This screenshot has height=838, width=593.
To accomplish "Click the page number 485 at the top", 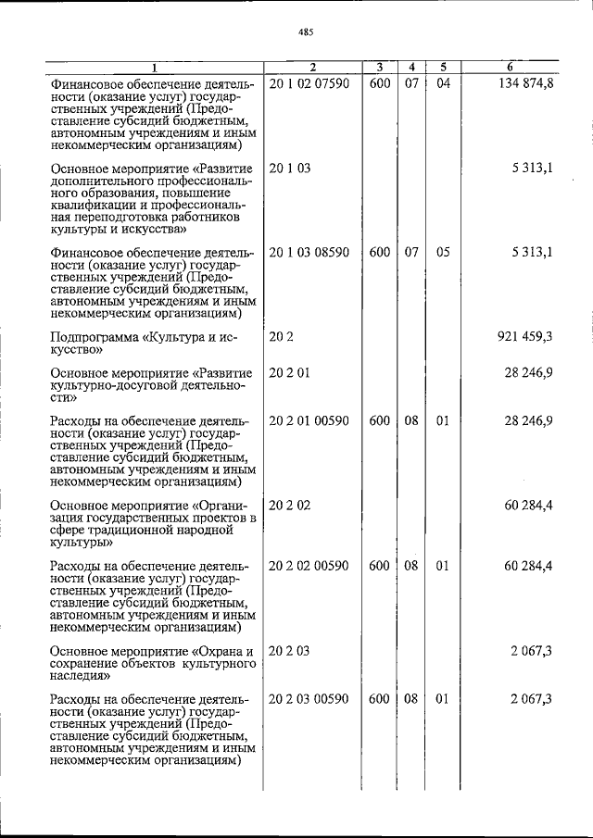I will (x=307, y=31).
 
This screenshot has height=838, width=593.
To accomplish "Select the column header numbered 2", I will (x=312, y=67).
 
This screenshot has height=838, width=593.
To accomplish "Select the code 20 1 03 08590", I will (x=309, y=252).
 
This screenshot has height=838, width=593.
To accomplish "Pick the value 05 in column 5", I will (x=443, y=252).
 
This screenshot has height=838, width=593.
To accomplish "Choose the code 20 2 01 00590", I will (x=309, y=420).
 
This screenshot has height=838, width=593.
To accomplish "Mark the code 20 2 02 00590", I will (x=309, y=566).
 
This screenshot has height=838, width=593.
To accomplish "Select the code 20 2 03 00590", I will (x=309, y=698).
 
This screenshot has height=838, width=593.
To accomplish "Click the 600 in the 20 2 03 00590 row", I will (x=379, y=698).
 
